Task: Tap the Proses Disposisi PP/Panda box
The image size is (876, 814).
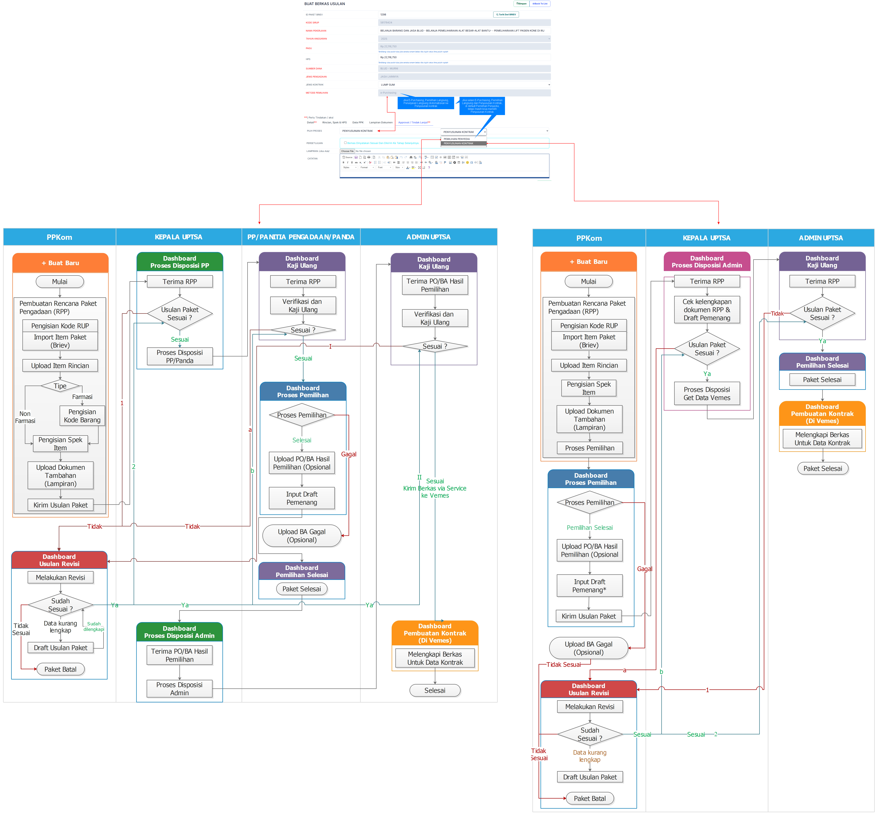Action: tap(180, 356)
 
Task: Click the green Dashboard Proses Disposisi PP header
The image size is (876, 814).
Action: tap(180, 262)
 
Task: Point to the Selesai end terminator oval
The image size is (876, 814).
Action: tap(435, 690)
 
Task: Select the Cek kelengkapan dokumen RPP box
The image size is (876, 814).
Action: tap(706, 310)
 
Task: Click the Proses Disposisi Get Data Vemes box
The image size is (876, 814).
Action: tap(706, 393)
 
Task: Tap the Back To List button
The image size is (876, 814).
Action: tap(540, 4)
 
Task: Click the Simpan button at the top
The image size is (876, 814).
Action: tap(521, 4)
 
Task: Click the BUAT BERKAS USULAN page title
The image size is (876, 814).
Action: tap(324, 4)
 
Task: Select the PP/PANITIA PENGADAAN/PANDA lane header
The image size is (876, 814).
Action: tap(301, 237)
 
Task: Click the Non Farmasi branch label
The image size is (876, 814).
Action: tap(25, 417)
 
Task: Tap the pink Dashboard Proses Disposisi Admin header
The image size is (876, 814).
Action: tap(706, 262)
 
